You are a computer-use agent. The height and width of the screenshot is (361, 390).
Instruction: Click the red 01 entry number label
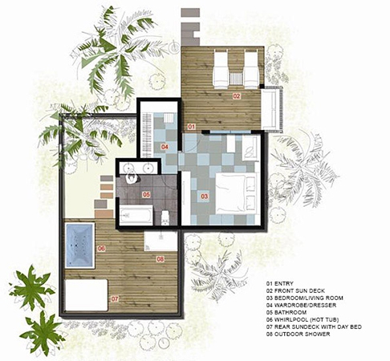pos(191,126)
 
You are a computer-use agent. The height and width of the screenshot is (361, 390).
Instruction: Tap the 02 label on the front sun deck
pos(237,96)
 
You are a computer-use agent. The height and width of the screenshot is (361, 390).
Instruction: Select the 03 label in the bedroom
pos(204,197)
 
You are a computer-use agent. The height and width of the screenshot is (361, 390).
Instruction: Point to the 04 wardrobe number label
pos(165,147)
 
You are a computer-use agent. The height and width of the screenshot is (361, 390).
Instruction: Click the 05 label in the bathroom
pos(146,194)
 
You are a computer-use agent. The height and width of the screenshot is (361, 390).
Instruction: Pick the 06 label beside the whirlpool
pos(101,249)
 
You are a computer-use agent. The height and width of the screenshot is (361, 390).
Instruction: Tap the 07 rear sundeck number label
pos(115,298)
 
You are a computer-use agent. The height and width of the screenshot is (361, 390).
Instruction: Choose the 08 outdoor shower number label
pos(160,259)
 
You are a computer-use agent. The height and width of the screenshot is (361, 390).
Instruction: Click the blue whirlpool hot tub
pos(79,245)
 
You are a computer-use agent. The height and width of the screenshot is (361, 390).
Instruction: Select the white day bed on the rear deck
pos(86,295)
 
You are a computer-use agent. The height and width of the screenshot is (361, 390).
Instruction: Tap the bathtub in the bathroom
pos(136,215)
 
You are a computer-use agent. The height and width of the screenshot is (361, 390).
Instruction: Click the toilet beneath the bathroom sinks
pos(132,178)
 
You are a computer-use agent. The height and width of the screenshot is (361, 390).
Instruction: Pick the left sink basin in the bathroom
pos(128,168)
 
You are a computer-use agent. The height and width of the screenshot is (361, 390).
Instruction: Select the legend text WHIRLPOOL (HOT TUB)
pos(307,319)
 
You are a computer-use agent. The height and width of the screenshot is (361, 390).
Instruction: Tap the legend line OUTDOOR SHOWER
pos(303,334)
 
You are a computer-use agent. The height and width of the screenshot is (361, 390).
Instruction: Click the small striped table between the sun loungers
pos(236,78)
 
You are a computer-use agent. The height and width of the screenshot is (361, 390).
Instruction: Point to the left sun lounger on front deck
pos(221,70)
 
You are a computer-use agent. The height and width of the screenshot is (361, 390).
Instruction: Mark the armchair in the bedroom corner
pos(251,148)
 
